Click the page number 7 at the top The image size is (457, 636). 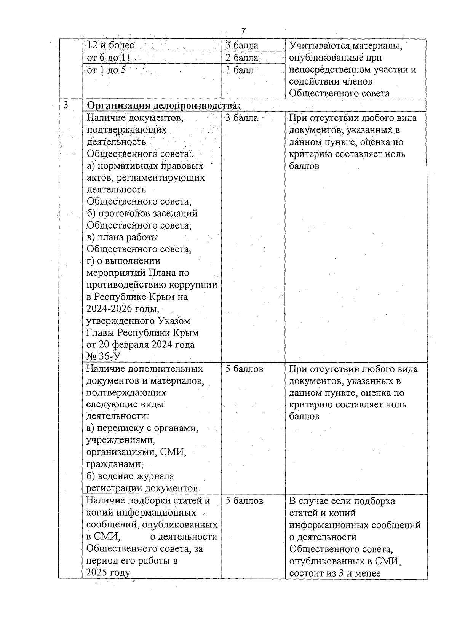click(244, 31)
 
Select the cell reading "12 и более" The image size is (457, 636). click(111, 45)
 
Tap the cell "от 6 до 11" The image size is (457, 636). click(109, 58)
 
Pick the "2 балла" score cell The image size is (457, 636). click(242, 58)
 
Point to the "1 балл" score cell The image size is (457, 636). click(240, 70)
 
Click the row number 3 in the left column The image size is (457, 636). click(66, 105)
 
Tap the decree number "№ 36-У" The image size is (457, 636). click(103, 356)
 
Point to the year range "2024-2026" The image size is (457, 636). click(108, 308)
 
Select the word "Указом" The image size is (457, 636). click(173, 321)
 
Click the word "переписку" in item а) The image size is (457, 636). click(118, 428)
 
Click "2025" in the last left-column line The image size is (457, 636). click(97, 573)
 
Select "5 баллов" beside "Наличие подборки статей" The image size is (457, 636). click(244, 501)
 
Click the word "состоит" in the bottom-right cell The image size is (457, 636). click(306, 573)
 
